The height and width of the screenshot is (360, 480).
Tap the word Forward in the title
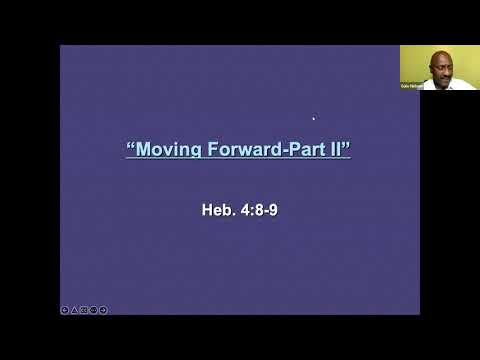coord(235,151)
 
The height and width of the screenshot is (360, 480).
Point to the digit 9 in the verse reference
coord(273,211)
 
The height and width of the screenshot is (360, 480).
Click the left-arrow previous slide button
coord(65,310)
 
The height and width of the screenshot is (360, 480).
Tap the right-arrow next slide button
coord(103,310)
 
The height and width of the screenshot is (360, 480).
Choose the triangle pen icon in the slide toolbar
coord(74,310)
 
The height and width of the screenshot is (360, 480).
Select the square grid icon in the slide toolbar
coord(84,310)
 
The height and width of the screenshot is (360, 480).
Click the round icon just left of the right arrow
coord(93,310)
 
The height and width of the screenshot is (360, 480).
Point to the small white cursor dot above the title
coord(313,118)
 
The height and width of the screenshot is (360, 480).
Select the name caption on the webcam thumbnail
coord(411,87)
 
